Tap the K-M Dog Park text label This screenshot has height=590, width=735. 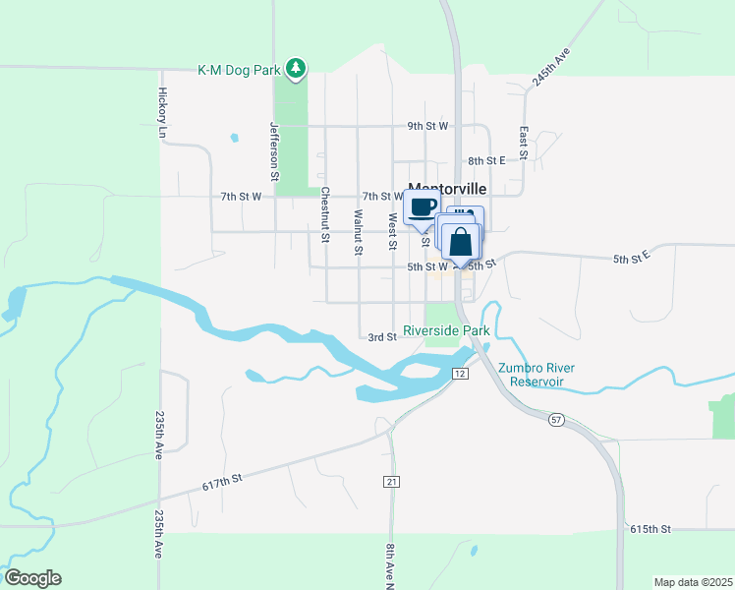pos(238,70)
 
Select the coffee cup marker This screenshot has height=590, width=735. pos(423,206)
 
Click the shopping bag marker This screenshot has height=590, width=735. pos(461,241)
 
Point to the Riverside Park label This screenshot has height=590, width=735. pos(446,331)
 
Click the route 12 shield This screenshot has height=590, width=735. pos(459,374)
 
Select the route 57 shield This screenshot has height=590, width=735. pos(557,420)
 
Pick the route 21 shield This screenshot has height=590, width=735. pos(391,480)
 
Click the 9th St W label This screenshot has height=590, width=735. pos(428,126)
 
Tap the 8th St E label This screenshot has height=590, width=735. pos(486,160)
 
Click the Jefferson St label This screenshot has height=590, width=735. pos(276,150)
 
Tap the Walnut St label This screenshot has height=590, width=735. pos(359,232)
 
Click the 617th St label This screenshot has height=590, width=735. pos(222,481)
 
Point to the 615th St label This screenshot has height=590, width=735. pos(650,528)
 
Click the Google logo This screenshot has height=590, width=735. pos(32,578)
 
